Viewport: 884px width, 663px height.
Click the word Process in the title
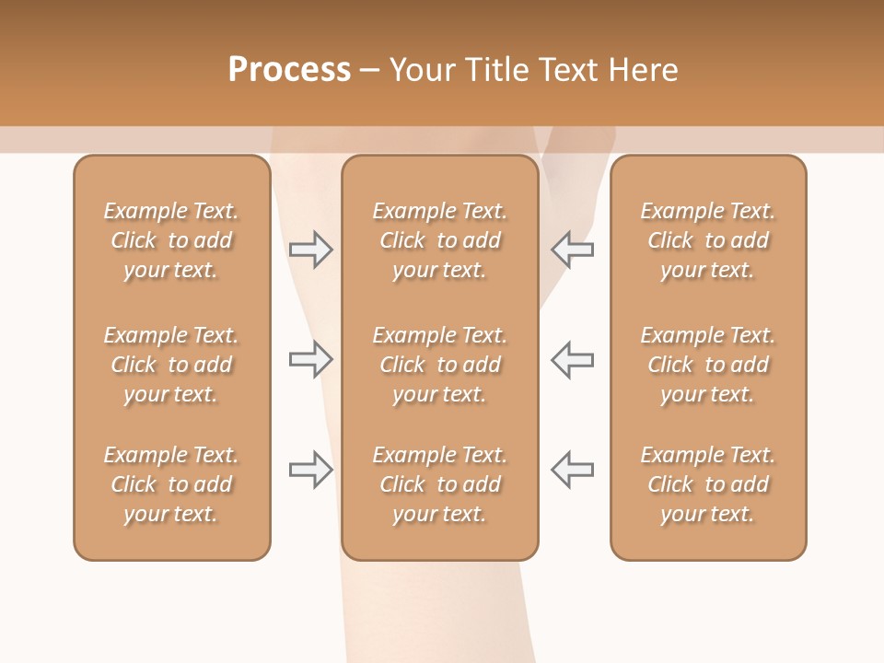289,70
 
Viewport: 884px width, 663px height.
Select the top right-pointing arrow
311,250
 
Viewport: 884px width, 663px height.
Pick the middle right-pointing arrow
311,359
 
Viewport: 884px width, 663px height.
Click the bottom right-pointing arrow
311,470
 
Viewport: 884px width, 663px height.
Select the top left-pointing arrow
572,250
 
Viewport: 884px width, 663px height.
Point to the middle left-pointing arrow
572,359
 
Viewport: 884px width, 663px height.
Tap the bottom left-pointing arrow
572,470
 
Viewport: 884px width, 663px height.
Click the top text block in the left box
171,240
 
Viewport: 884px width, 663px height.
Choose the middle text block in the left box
171,365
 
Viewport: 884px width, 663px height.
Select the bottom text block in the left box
171,484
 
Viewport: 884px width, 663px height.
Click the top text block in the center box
440,240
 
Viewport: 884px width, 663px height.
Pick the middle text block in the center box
440,365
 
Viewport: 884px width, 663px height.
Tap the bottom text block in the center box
440,484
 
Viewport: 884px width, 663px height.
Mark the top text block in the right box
708,240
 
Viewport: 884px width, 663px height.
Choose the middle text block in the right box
708,365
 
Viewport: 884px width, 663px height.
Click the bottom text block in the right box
708,484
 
